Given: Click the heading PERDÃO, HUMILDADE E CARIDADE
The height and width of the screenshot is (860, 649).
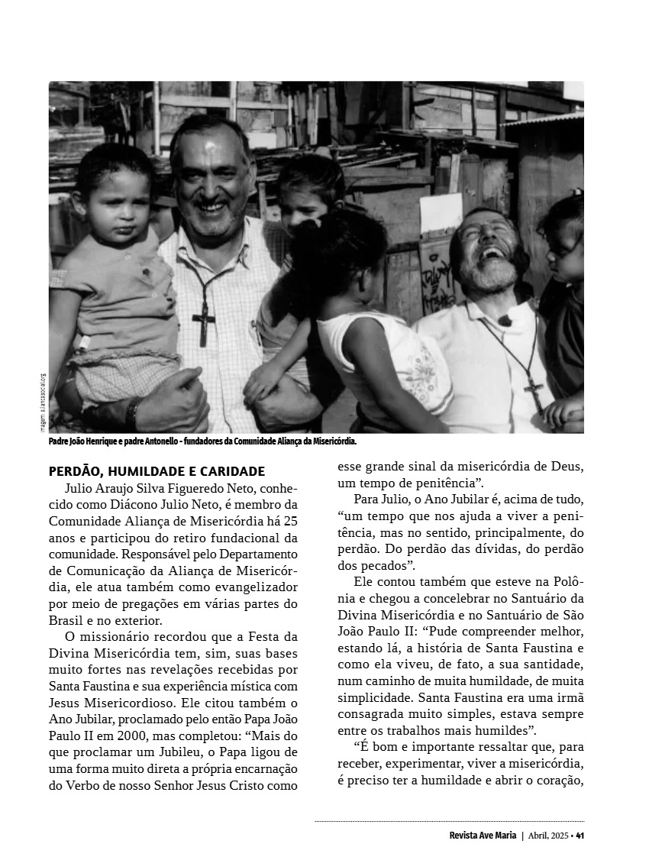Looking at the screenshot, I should (x=157, y=471).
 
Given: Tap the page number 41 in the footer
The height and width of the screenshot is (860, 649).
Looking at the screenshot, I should (x=580, y=835).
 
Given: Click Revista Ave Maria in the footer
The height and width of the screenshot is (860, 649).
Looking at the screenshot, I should (x=483, y=835).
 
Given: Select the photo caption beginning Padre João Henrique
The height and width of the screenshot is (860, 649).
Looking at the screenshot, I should (x=202, y=441).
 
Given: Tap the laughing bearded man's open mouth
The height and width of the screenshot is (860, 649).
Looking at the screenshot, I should (x=491, y=252).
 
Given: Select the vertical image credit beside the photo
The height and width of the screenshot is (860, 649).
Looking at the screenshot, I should (x=44, y=402).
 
